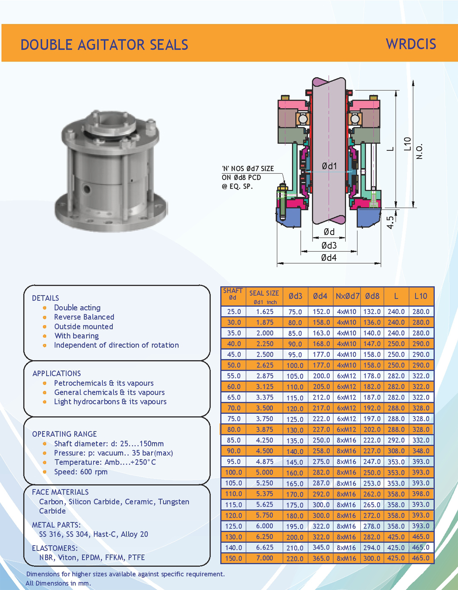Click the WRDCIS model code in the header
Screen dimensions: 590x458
(411, 44)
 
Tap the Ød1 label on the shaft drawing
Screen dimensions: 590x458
(329, 166)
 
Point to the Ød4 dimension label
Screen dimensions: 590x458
(329, 258)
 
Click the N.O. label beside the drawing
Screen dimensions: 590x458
(419, 151)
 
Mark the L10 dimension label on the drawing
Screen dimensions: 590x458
(408, 144)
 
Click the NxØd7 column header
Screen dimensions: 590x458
(347, 296)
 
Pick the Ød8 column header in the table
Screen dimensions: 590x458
(372, 296)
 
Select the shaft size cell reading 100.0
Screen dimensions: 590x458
(234, 472)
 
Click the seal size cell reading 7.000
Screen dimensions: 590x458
(265, 558)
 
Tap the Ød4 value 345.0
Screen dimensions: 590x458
(321, 547)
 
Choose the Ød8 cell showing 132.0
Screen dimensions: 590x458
(372, 312)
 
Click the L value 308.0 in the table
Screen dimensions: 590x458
(396, 451)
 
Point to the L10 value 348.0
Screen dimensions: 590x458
(421, 451)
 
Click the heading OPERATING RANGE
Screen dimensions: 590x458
(64, 434)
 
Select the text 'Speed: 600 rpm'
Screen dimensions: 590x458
(81, 472)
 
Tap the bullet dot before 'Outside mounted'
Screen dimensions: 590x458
(45, 327)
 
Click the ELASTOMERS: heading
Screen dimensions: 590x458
(55, 548)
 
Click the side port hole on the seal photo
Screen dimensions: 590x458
(87, 188)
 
